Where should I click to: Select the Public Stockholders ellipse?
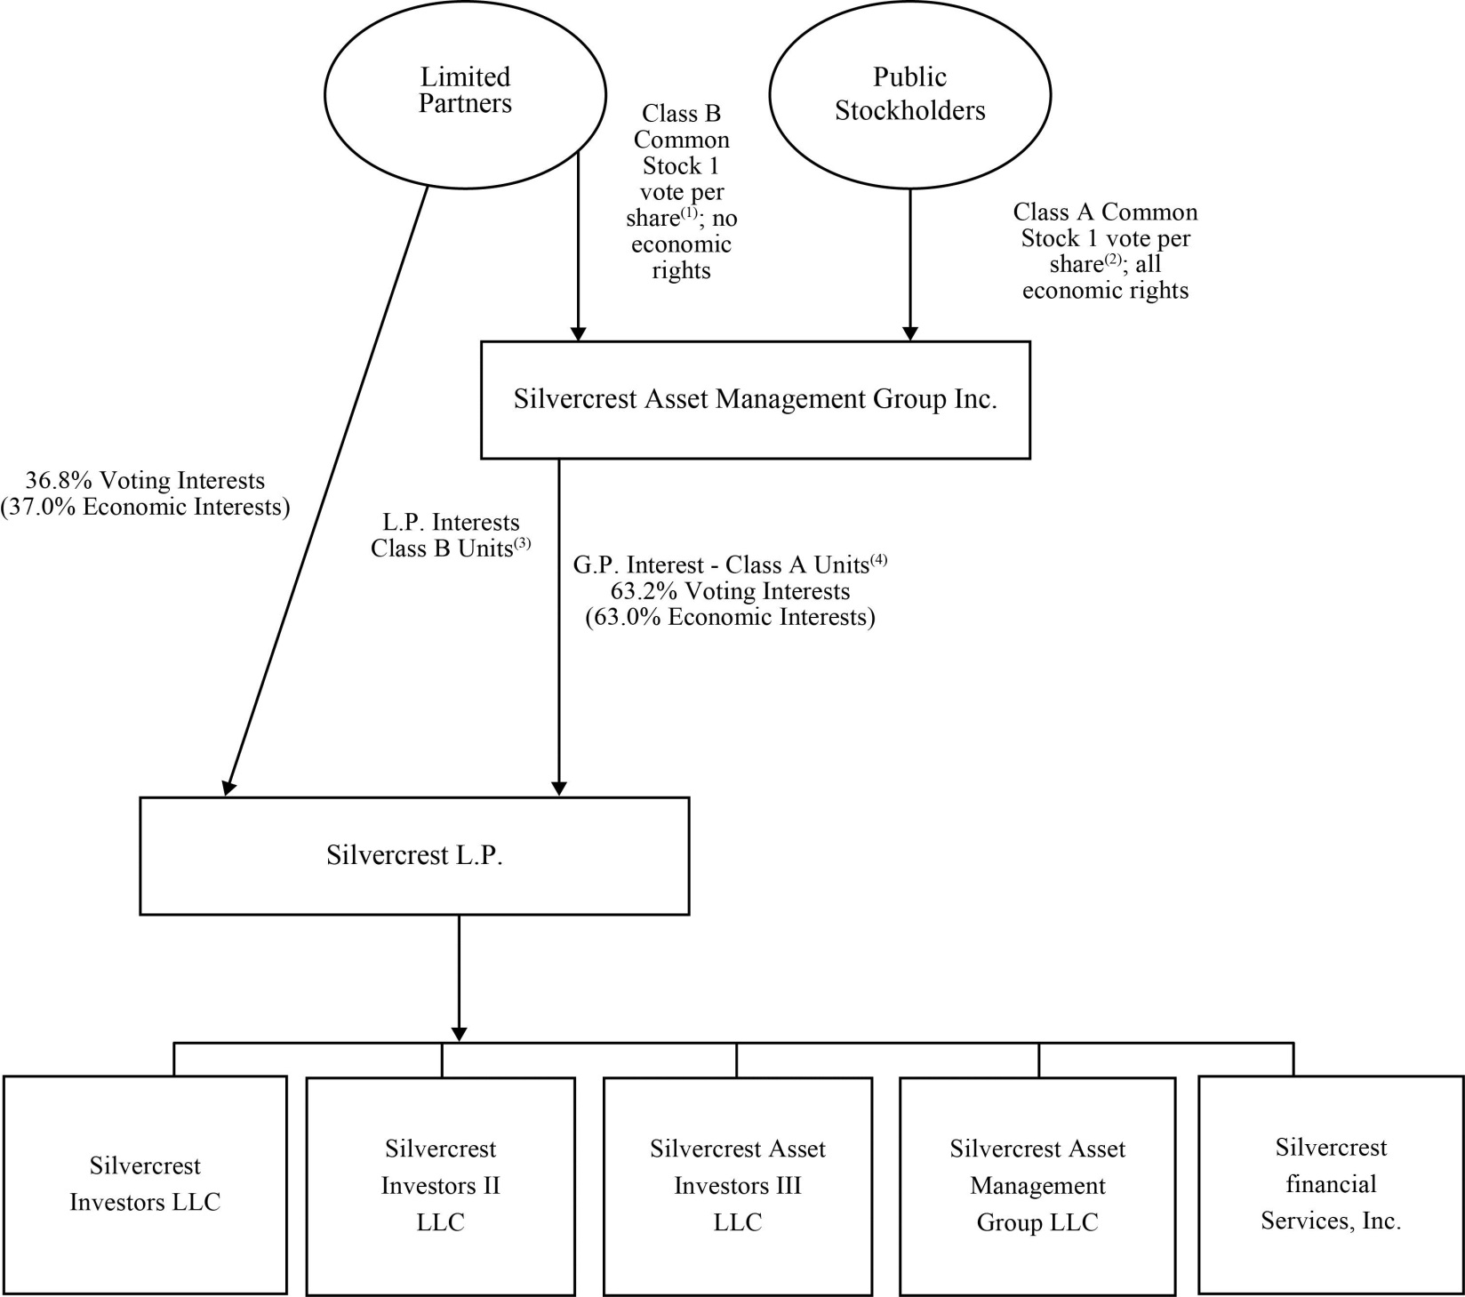[909, 94]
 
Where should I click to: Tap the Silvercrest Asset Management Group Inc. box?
[755, 400]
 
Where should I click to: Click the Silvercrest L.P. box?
[414, 855]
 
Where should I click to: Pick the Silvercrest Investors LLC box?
[145, 1184]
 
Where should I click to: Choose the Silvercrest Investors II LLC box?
[441, 1185]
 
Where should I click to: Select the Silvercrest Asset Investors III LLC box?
[737, 1185]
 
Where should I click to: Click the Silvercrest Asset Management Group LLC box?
[1037, 1185]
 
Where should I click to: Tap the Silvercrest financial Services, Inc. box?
[1331, 1184]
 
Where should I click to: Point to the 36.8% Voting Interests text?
[145, 481]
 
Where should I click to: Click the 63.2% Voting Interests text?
[730, 591]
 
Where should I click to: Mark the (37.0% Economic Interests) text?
[145, 508]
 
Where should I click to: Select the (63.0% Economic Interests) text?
[730, 618]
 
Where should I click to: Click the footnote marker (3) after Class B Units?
[522, 544]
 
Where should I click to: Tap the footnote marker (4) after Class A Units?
[878, 560]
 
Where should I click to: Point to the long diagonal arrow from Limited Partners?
[325, 489]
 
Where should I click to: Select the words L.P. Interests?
[444, 523]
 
